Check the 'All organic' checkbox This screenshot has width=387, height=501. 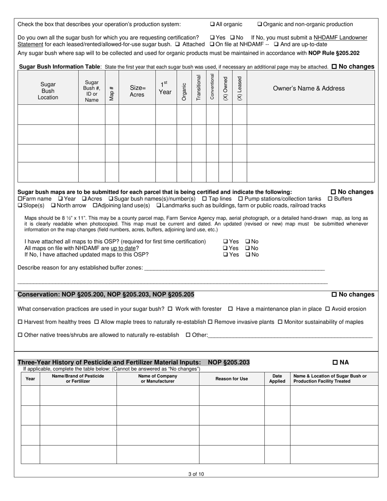tap(212, 24)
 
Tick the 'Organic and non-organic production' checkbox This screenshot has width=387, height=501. tap(260, 24)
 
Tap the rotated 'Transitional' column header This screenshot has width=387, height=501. tap(199, 88)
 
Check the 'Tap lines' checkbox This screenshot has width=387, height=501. tap(204, 199)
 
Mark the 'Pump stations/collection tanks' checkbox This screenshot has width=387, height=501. tap(240, 199)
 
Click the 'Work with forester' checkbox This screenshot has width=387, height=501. tap(170, 309)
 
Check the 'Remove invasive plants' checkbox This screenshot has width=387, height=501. tap(210, 322)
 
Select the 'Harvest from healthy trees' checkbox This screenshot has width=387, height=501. tap(20, 322)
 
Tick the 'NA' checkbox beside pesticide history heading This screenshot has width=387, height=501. tap(335, 363)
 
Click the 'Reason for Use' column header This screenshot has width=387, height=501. tap(231, 379)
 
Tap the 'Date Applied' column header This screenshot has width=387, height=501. tap(277, 379)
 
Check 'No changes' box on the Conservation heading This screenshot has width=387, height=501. tap(334, 294)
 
